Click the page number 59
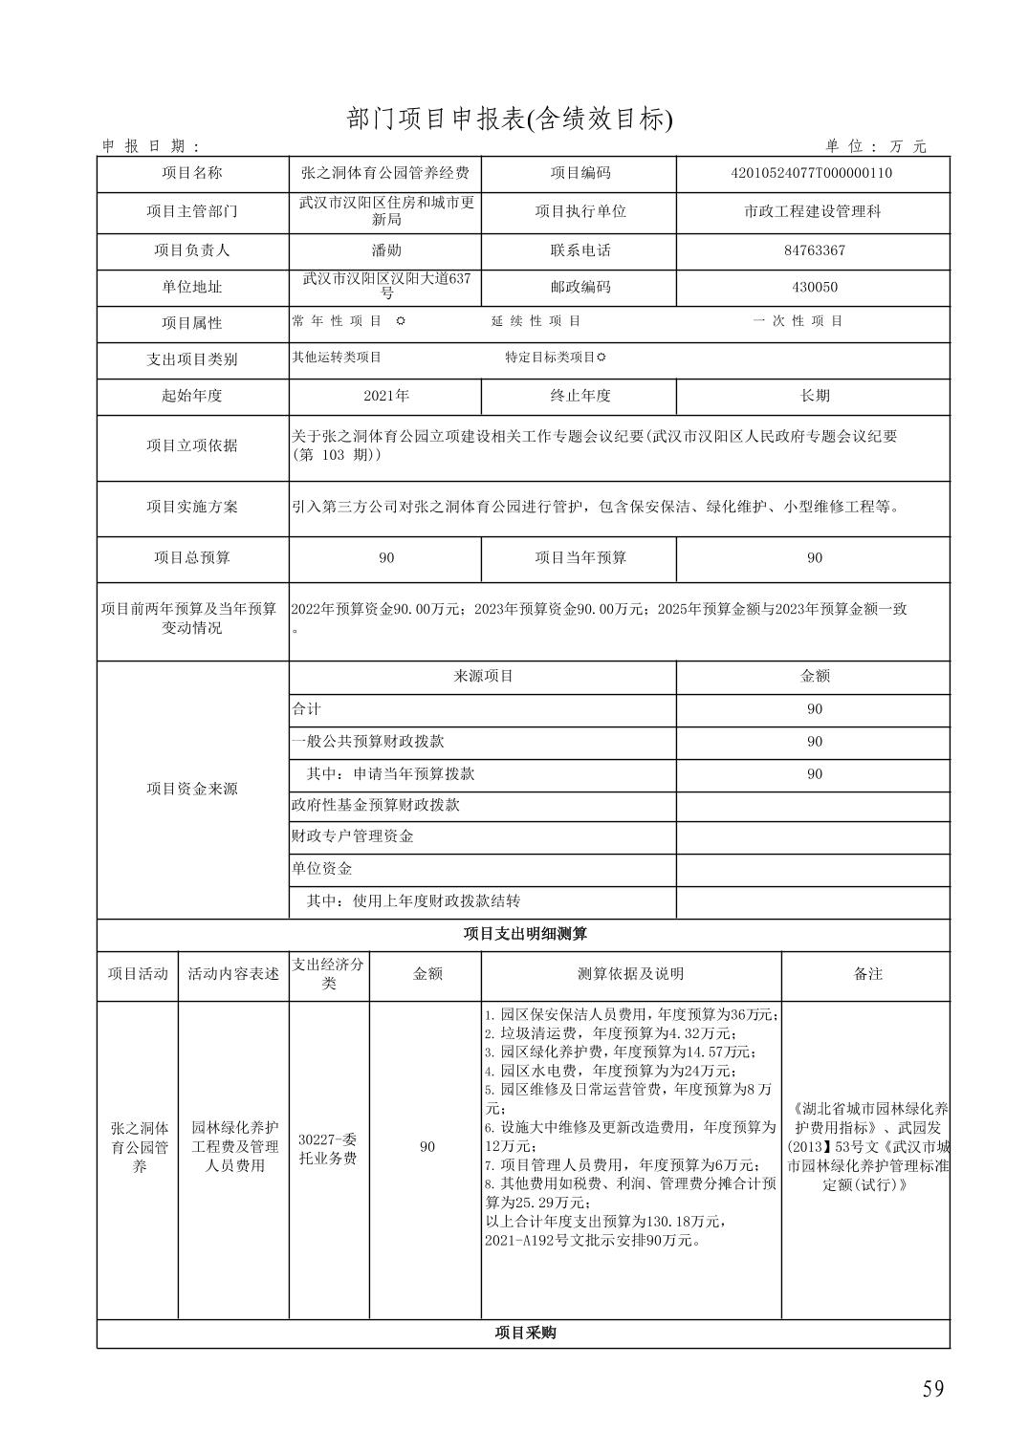[932, 1389]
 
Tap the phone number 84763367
[814, 250]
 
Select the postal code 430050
[814, 287]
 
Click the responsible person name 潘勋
[385, 250]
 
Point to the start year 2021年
[385, 396]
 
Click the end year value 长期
[814, 396]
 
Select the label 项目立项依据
[192, 445]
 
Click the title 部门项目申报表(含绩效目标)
[510, 119]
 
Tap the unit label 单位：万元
[876, 146]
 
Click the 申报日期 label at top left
[151, 146]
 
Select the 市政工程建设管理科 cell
[812, 211]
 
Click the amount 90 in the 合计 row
[814, 709]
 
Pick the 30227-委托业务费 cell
[328, 1148]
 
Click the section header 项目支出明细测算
[524, 934]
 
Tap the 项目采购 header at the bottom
[524, 1333]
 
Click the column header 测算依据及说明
[630, 974]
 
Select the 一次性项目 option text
[798, 321]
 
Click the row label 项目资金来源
[192, 789]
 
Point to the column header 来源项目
[482, 676]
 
